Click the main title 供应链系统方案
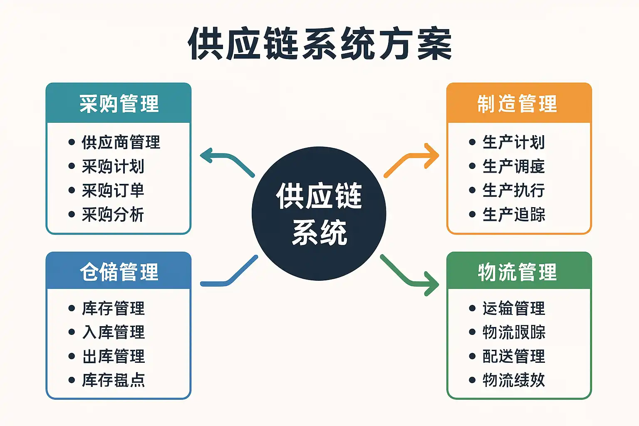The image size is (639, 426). click(x=319, y=44)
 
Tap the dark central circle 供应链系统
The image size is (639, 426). click(x=319, y=213)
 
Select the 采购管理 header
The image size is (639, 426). click(x=119, y=104)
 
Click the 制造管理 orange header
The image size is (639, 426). click(x=518, y=104)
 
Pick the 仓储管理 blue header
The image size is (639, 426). click(x=119, y=272)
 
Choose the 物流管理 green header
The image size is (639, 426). click(x=518, y=272)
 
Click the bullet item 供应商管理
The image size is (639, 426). click(x=121, y=142)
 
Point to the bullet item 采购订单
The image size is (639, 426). click(x=113, y=191)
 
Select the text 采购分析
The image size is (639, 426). click(x=113, y=215)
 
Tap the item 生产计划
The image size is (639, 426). click(x=513, y=142)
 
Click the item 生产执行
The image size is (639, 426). click(x=513, y=191)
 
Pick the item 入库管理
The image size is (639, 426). click(x=113, y=332)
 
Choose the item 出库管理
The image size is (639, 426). click(x=113, y=356)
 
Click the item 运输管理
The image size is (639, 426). click(x=513, y=308)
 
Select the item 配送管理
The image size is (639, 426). click(x=513, y=356)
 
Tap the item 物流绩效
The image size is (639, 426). click(x=513, y=380)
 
